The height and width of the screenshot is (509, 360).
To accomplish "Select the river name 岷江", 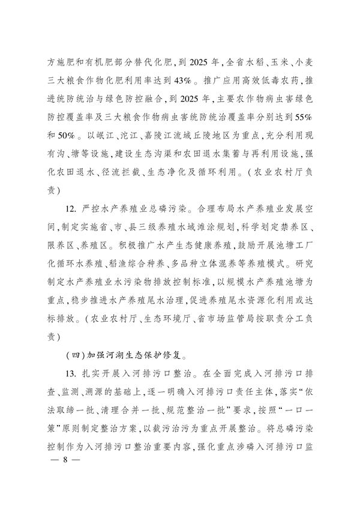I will coord(101,129).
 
